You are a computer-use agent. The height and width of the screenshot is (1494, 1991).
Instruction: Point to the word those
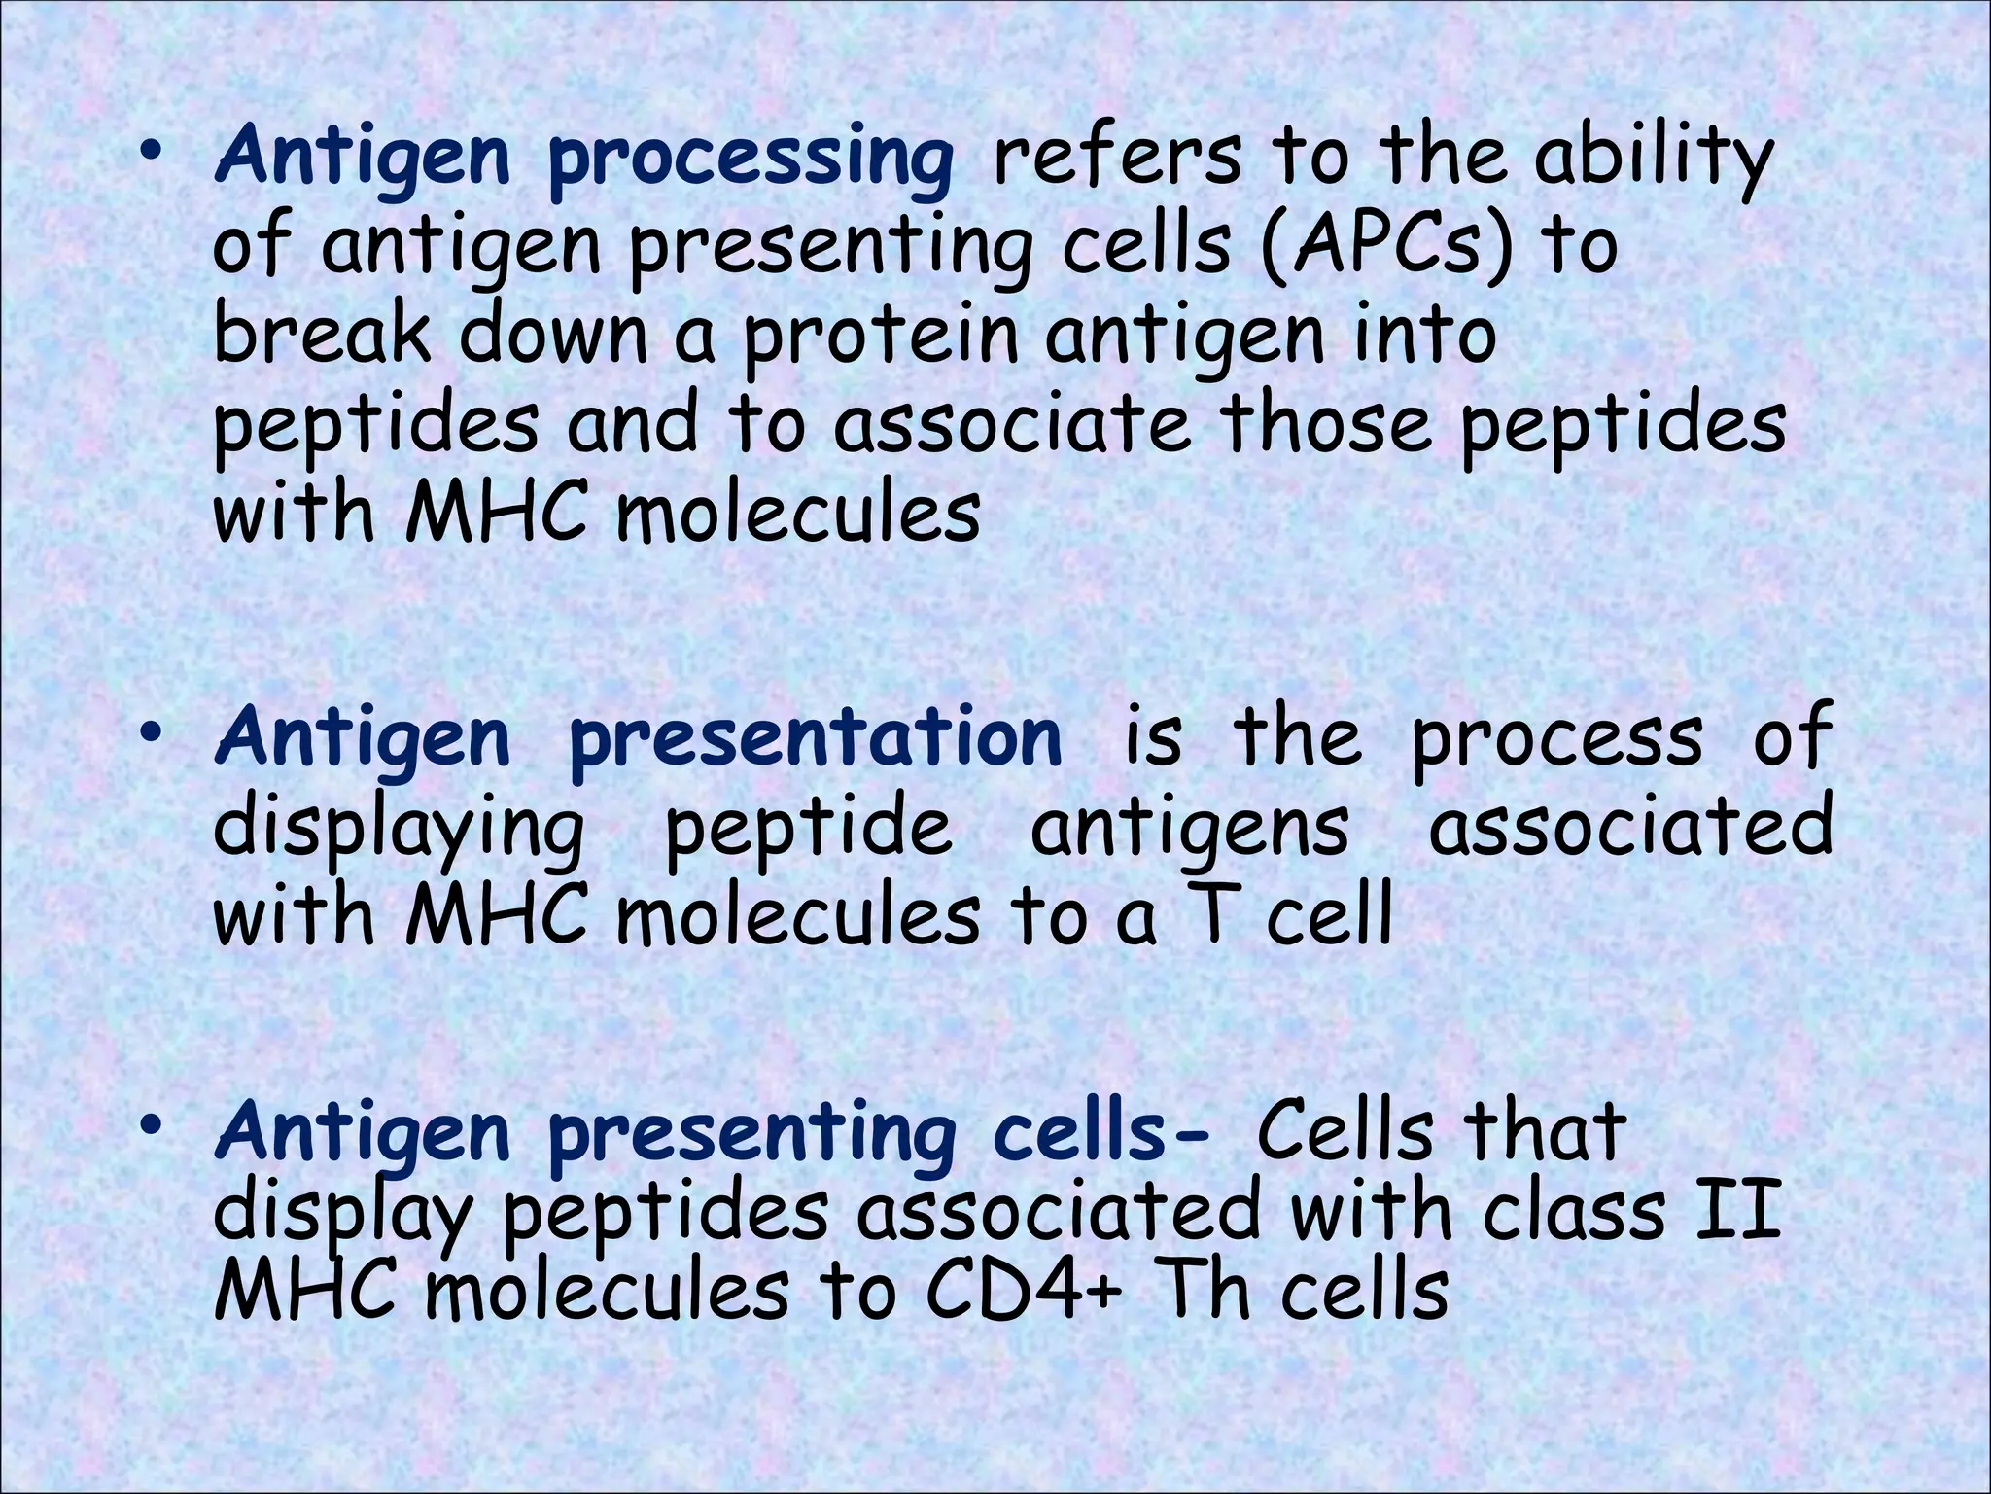click(x=1326, y=424)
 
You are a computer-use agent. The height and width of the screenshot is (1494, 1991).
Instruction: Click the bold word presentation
click(x=815, y=739)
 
